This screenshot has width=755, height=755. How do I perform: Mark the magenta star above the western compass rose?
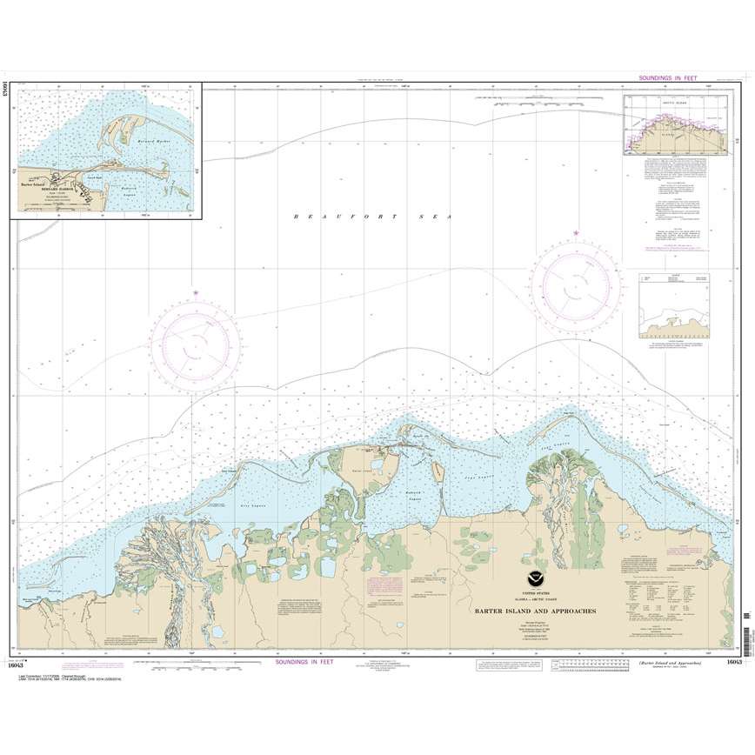tap(195, 292)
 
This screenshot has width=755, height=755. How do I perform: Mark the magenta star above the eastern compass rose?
tap(576, 233)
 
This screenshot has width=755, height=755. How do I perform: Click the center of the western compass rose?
tap(195, 344)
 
